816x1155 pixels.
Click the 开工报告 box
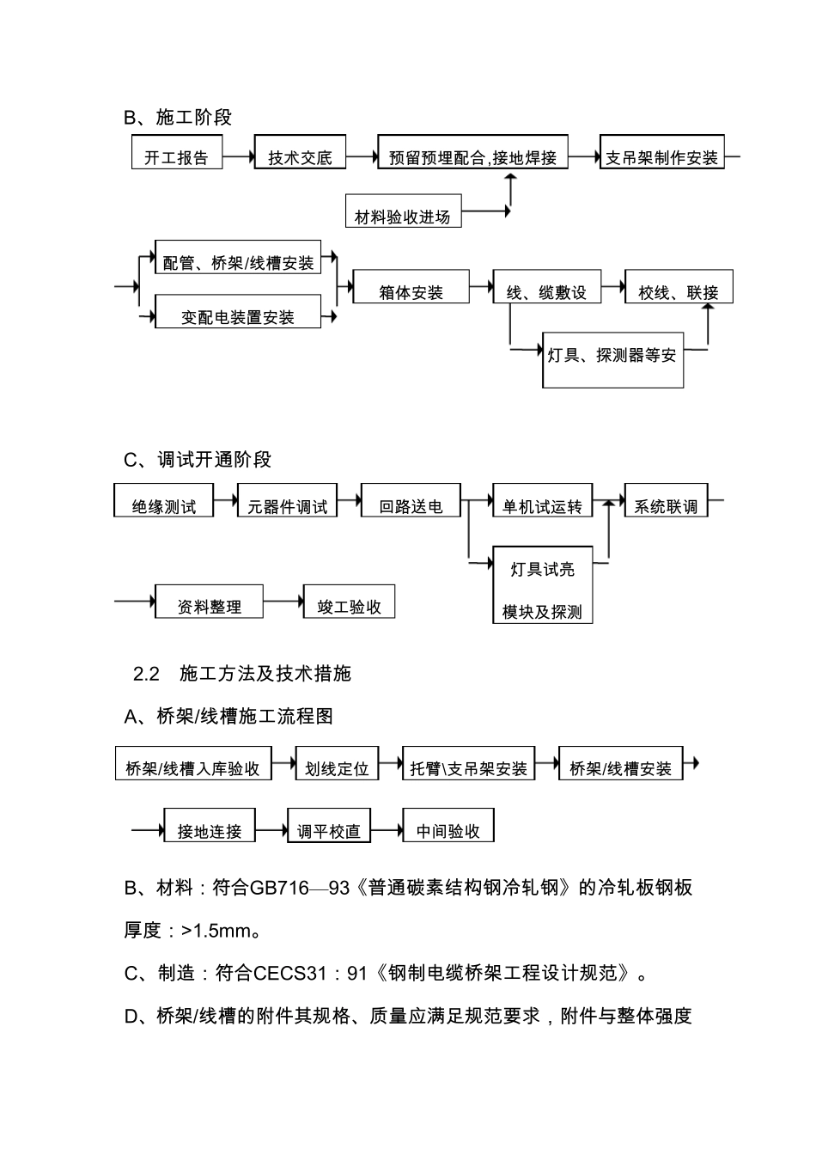[176, 152]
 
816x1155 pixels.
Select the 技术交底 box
[300, 152]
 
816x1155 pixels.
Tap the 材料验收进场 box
[403, 211]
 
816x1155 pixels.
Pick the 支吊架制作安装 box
[661, 152]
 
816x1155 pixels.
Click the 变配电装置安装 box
[238, 312]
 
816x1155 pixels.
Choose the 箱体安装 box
[411, 287]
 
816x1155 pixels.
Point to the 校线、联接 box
[679, 287]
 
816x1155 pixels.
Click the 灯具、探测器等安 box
[612, 359]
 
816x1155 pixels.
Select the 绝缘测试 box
[163, 500]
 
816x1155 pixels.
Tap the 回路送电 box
[411, 500]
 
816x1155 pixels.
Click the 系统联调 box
[666, 500]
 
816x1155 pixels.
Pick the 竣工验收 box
[349, 602]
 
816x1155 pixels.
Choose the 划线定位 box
[336, 763]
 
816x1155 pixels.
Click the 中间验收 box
[448, 825]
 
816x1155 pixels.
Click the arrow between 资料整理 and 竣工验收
[283, 602]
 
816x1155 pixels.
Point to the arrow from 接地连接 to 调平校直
[271, 830]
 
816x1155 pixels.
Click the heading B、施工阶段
[178, 118]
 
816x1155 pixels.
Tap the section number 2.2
[147, 674]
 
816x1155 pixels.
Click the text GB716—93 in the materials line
[300, 888]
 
